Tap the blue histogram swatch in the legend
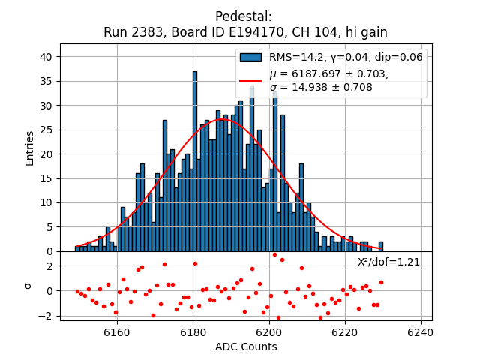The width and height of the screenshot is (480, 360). click(251, 57)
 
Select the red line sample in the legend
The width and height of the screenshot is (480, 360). click(251, 80)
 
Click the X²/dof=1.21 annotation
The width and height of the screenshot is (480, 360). click(388, 262)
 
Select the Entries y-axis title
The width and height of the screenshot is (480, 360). click(30, 148)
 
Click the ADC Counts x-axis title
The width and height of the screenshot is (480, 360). click(246, 346)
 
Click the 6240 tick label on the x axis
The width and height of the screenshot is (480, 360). click(420, 331)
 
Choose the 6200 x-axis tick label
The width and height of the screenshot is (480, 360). click(268, 331)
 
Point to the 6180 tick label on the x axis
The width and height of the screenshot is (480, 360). click(193, 331)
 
